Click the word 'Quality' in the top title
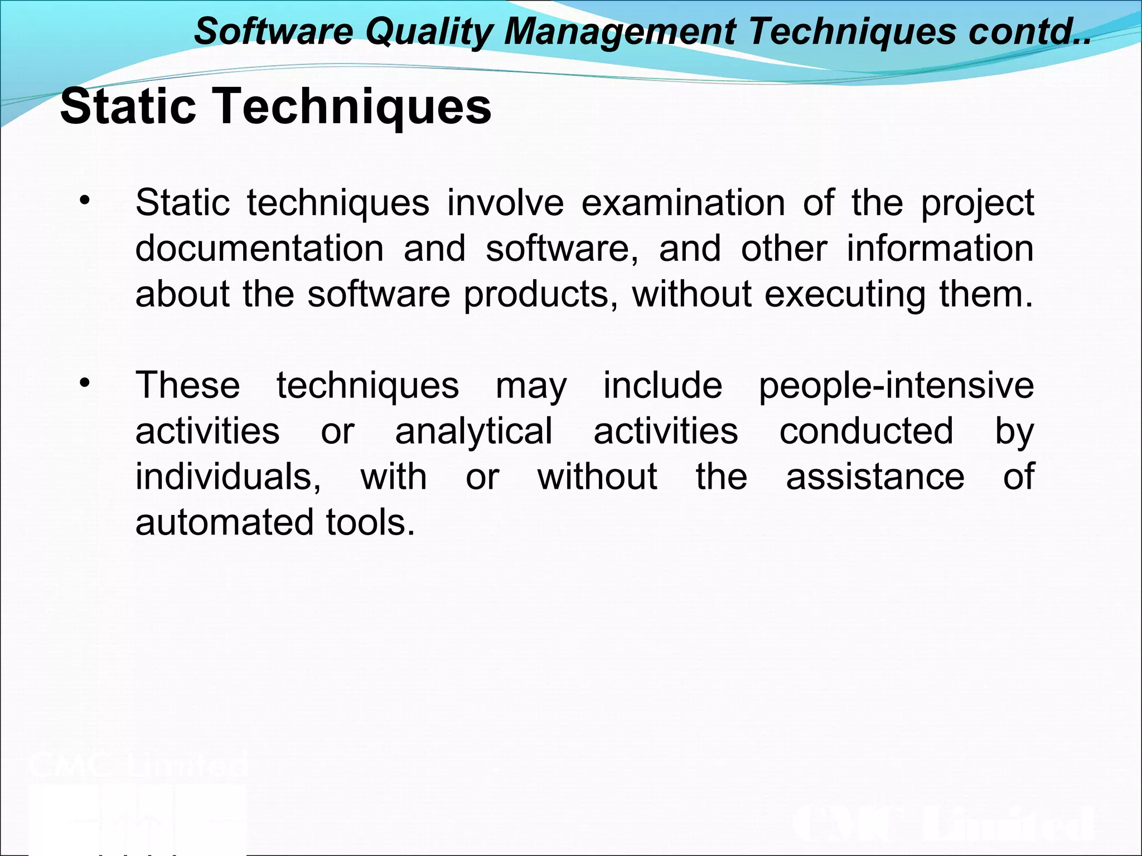[x=428, y=32]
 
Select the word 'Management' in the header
[x=620, y=32]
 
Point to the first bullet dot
[x=84, y=201]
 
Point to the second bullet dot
[x=84, y=383]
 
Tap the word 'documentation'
[x=259, y=248]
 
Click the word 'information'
[x=940, y=248]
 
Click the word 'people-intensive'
[x=896, y=386]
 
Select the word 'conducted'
[x=866, y=431]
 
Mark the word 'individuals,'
[x=228, y=477]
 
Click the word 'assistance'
[x=875, y=477]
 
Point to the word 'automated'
[x=224, y=523]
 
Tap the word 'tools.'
[x=370, y=523]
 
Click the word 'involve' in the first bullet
[x=505, y=202]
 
